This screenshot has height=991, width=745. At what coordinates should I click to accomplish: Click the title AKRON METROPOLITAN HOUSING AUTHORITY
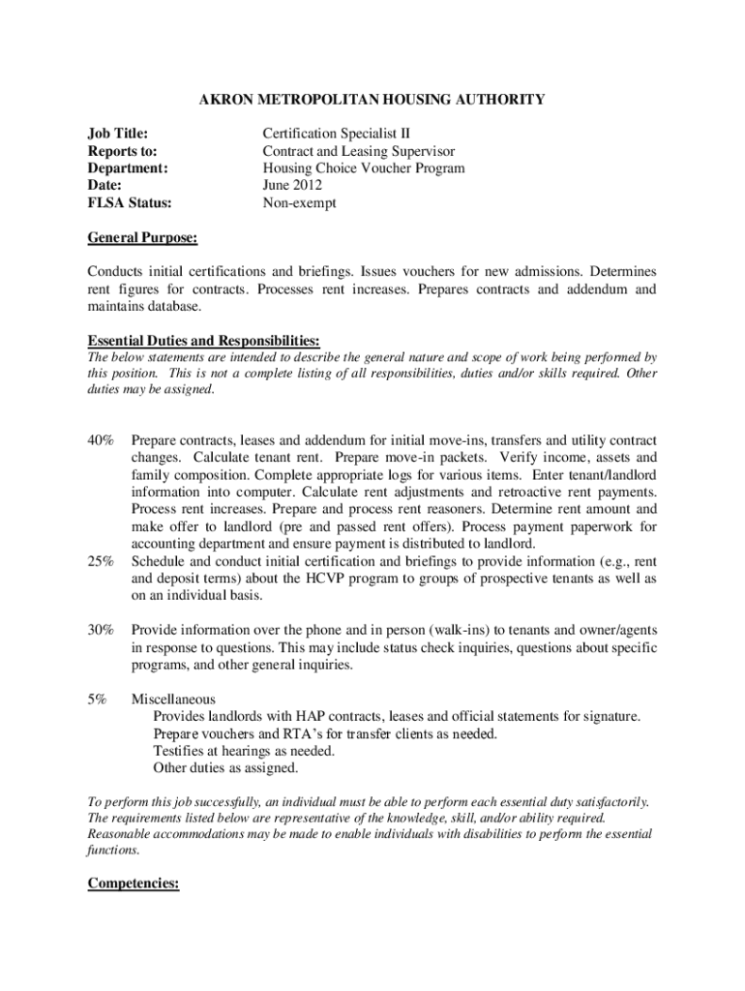tap(372, 99)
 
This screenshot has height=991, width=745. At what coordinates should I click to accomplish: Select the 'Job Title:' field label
tap(124, 133)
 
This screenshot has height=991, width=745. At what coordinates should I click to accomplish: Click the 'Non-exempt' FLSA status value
tap(299, 203)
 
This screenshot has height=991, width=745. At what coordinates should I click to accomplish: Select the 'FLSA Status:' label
tap(130, 203)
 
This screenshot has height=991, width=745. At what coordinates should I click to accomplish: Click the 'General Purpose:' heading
tap(142, 237)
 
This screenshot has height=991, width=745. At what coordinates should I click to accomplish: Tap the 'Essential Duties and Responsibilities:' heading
tap(204, 341)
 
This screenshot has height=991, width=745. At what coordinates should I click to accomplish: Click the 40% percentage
tap(101, 439)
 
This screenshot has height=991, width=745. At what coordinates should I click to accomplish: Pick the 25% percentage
tap(101, 561)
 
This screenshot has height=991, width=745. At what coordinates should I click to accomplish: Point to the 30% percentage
tap(101, 630)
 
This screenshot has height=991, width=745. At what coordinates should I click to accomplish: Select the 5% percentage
tap(98, 699)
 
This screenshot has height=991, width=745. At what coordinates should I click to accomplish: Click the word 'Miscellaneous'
tap(174, 699)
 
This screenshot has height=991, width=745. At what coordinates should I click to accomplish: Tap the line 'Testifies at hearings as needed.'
tap(245, 751)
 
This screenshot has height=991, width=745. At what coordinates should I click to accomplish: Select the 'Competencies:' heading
tap(134, 884)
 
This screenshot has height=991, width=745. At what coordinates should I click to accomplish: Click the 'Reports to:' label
tap(123, 151)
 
